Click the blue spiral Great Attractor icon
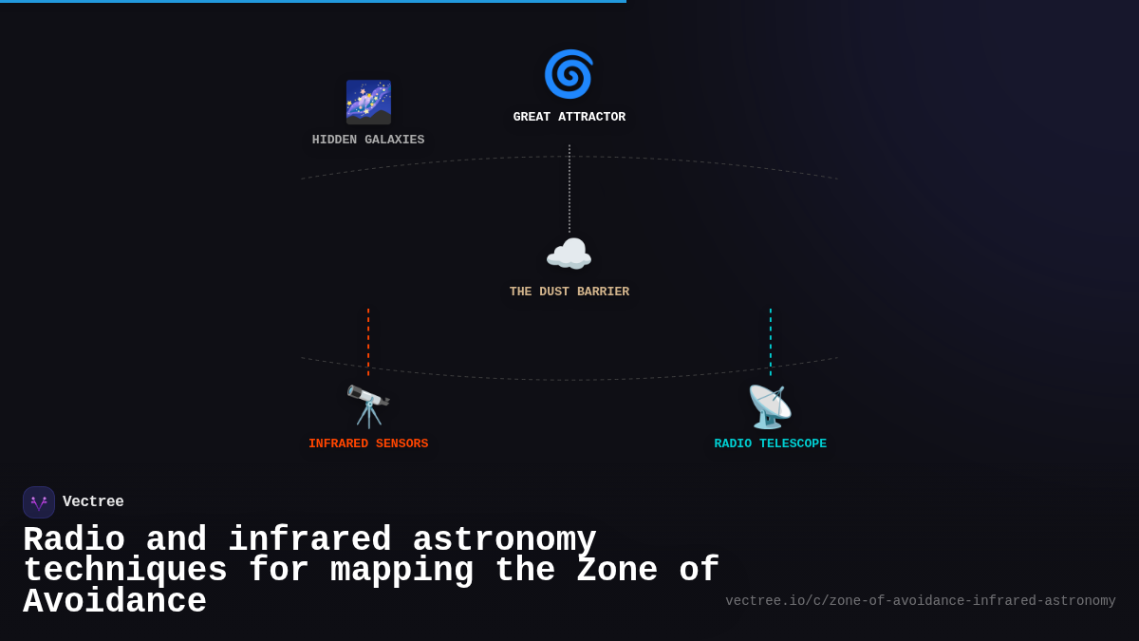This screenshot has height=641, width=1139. tap(569, 74)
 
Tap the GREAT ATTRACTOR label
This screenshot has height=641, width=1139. tap(569, 118)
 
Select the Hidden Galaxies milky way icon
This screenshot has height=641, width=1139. tap(368, 102)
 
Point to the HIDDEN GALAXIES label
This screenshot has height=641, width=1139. tap(368, 141)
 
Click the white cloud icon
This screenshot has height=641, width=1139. tap(569, 255)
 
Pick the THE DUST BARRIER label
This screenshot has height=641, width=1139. tap(569, 292)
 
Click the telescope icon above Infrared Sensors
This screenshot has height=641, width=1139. tap(368, 406)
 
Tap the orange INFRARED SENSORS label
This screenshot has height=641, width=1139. tap(368, 444)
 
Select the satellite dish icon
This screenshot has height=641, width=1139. tap(770, 406)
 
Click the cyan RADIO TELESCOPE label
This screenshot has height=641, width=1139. tap(770, 444)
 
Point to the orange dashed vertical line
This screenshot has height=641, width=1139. tap(368, 342)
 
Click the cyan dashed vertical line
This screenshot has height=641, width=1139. tap(771, 342)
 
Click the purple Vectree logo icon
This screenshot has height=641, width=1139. tap(39, 502)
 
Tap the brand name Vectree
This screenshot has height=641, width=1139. tap(93, 502)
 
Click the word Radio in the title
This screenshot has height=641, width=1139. tap(74, 540)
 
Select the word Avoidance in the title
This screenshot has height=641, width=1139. tap(115, 602)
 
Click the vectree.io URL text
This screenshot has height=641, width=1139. tap(920, 601)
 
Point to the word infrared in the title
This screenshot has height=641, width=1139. tap(309, 540)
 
